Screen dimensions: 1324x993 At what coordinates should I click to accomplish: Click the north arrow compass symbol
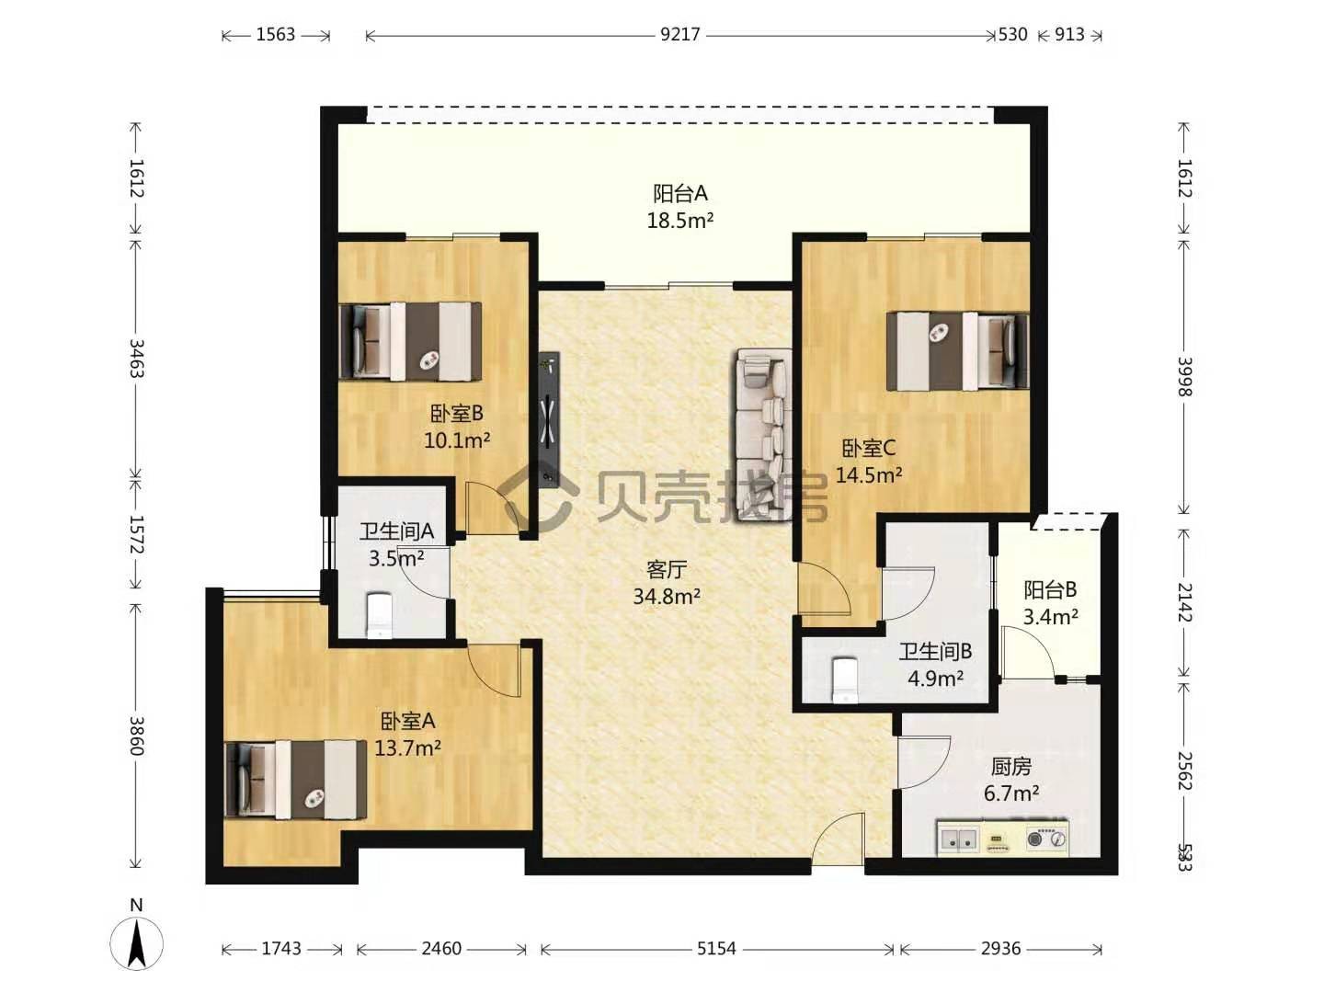pos(136,943)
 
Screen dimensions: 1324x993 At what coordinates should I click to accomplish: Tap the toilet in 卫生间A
pos(380,616)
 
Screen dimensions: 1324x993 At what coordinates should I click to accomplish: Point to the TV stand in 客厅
pos(549,417)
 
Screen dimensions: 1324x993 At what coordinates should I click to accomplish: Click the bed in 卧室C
pos(957,351)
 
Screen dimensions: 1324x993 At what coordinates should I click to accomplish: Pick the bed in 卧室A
pos(295,780)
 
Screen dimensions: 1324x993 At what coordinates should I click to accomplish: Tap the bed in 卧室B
pos(410,341)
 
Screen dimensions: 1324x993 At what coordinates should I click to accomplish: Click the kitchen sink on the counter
pos(958,838)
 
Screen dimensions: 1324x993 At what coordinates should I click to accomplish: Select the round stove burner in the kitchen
pos(1035,838)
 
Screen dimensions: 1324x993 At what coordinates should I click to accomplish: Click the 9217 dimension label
pos(679,34)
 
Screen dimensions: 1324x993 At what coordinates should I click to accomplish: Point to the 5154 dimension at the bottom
pos(716,948)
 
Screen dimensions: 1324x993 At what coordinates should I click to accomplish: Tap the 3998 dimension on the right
pos(1184,377)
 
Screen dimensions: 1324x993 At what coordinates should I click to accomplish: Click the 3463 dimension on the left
pos(137,359)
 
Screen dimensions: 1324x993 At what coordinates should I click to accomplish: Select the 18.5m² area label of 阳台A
pos(679,221)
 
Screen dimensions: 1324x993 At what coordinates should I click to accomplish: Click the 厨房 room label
pos(1011,766)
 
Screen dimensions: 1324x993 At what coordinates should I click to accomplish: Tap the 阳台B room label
pos(1050,589)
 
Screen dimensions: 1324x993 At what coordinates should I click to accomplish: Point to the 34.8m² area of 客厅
pos(667,597)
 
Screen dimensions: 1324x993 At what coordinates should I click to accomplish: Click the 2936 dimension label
pos(1000,948)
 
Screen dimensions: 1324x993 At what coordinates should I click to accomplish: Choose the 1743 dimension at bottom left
pos(281,948)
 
